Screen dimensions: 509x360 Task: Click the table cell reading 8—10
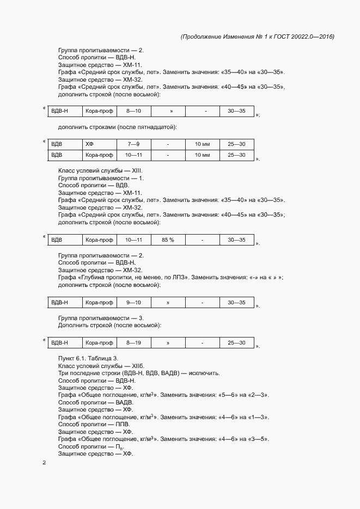pos(134,111)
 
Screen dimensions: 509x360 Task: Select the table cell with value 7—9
pos(134,144)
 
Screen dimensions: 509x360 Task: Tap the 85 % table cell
pos(168,240)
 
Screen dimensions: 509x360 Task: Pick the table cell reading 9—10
pos(134,302)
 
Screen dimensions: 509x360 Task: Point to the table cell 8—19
pos(134,343)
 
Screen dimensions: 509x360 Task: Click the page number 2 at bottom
pos(44,463)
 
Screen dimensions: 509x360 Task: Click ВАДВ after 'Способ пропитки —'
pos(125,402)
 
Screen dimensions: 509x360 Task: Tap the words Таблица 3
pos(105,358)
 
